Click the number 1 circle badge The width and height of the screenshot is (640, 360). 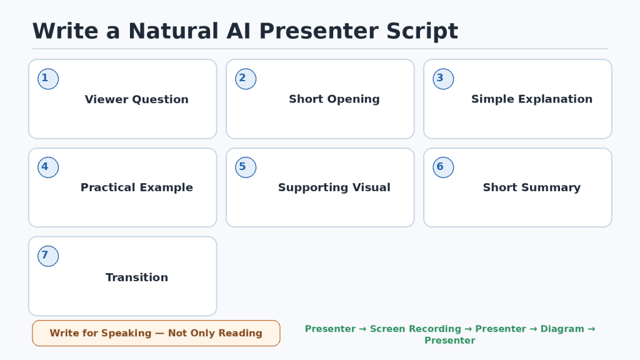[48, 79]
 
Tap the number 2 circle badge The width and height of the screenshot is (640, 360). [246, 79]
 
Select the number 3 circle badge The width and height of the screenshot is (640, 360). [443, 79]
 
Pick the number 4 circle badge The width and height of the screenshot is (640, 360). [48, 167]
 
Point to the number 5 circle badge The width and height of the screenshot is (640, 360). [246, 167]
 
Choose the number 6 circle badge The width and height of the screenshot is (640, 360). [443, 167]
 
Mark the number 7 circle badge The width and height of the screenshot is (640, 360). [48, 256]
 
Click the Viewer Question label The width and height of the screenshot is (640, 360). [137, 99]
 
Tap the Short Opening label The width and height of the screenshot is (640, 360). [334, 99]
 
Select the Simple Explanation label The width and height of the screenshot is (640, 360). [532, 99]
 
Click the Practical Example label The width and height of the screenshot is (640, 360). [137, 187]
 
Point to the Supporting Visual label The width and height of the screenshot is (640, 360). [334, 187]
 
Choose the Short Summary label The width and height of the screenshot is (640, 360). [532, 187]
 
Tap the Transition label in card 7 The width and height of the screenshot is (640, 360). [137, 277]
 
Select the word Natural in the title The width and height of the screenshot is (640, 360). [174, 31]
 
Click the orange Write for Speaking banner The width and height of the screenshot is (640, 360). [156, 333]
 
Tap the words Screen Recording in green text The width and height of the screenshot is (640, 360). [416, 329]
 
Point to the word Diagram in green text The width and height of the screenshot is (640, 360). [562, 329]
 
